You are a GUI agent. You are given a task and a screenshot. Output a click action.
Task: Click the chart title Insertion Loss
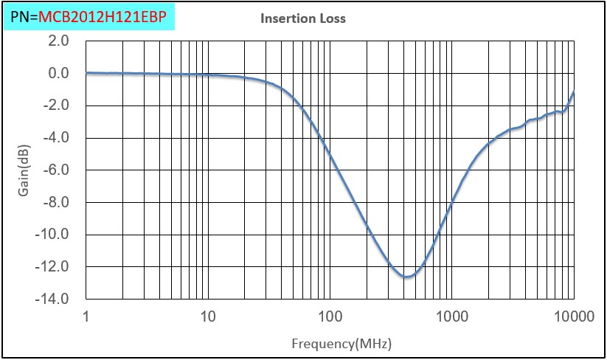click(x=302, y=18)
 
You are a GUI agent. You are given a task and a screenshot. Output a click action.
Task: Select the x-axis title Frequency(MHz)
click(x=341, y=344)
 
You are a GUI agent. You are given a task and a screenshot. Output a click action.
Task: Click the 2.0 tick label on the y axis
click(x=59, y=41)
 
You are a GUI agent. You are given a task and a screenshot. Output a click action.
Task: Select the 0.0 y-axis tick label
click(x=59, y=73)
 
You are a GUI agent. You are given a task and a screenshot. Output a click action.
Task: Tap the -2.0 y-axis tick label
click(x=57, y=105)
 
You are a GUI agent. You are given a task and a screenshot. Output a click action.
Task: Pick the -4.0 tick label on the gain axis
click(x=57, y=137)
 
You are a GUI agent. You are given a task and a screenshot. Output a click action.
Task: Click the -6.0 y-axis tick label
click(x=57, y=170)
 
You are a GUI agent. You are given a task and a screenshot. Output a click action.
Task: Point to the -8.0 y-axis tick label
click(x=57, y=202)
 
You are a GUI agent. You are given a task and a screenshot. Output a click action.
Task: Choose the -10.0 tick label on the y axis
click(x=54, y=234)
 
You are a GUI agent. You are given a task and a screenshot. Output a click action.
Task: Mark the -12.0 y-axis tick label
click(x=54, y=266)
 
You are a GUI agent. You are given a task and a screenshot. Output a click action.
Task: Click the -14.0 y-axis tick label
click(x=54, y=299)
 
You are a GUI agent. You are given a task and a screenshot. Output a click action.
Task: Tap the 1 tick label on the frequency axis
click(x=87, y=317)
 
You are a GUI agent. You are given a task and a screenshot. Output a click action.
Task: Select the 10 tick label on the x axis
click(x=208, y=317)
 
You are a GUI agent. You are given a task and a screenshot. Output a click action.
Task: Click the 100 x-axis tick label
click(x=330, y=317)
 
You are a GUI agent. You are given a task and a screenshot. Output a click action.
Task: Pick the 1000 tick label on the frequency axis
click(x=451, y=317)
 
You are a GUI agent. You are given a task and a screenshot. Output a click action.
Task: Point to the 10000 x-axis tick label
click(x=572, y=317)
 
